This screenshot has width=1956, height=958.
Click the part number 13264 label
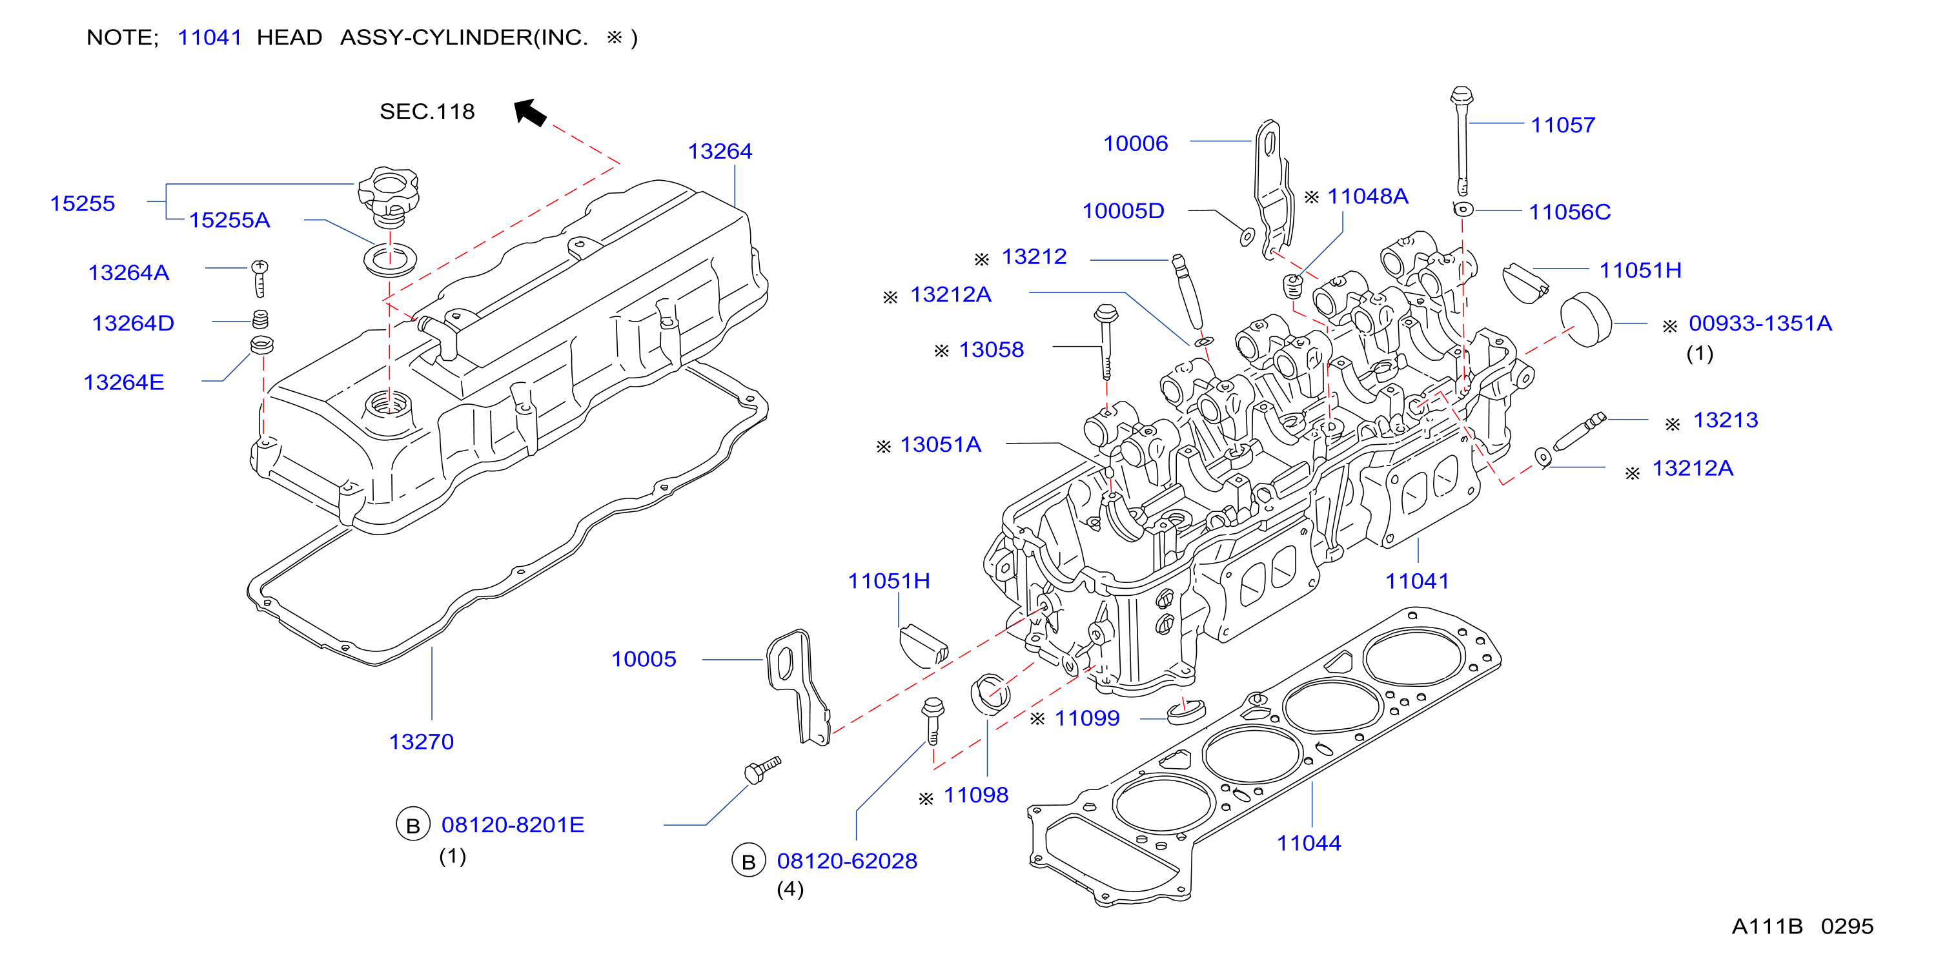point(720,151)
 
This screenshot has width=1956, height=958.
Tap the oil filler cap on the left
point(389,196)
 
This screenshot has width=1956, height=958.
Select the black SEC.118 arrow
point(530,112)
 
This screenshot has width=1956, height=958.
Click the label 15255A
point(229,220)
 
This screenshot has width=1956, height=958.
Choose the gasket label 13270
point(422,742)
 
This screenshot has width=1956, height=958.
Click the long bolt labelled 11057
point(1462,141)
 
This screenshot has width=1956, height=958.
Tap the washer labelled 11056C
point(1462,209)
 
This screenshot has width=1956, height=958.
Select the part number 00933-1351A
point(1760,323)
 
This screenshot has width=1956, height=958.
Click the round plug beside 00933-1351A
point(1585,319)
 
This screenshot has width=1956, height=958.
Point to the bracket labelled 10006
point(1272,190)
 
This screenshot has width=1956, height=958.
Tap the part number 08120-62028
point(848,861)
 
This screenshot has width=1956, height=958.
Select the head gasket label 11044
point(1309,842)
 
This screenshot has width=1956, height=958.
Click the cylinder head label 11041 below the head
point(1417,582)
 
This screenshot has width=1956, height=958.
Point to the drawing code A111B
point(1767,926)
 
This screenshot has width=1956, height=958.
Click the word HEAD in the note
point(289,37)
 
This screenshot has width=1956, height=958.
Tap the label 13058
point(991,349)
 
